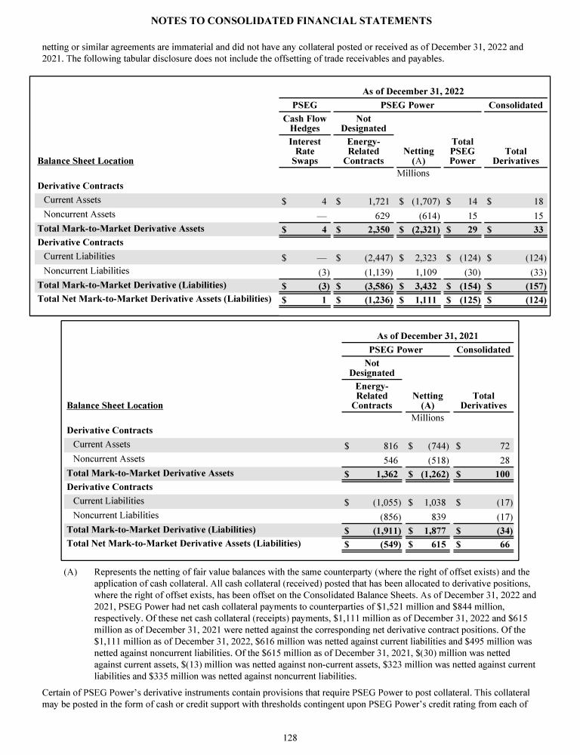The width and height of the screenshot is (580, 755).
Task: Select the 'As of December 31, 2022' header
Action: pos(412,91)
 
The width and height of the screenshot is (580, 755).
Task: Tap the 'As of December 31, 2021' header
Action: pos(427,335)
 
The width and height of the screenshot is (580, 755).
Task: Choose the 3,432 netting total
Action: pos(419,285)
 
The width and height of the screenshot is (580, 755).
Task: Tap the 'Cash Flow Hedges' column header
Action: pos(304,123)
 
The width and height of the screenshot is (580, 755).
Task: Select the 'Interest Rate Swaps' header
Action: pos(304,151)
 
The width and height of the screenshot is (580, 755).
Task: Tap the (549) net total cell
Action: pos(381,543)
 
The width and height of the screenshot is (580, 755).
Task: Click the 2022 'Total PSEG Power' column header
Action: pos(461,151)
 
